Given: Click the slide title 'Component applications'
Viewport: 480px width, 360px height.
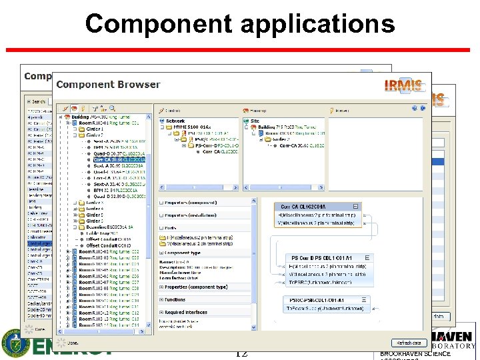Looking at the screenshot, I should click(x=240, y=24).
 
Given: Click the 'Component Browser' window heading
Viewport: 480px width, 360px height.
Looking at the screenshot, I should click(x=108, y=85).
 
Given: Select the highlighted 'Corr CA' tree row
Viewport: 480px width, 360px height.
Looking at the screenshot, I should click(x=117, y=160).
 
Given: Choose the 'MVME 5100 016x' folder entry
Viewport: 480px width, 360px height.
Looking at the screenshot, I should click(x=193, y=127).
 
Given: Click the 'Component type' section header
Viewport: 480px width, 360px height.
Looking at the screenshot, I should click(x=183, y=253).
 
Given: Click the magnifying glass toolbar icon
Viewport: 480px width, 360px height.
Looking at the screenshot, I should click(x=113, y=109).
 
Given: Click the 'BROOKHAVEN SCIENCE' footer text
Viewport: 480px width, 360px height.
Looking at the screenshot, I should click(x=415, y=354).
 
